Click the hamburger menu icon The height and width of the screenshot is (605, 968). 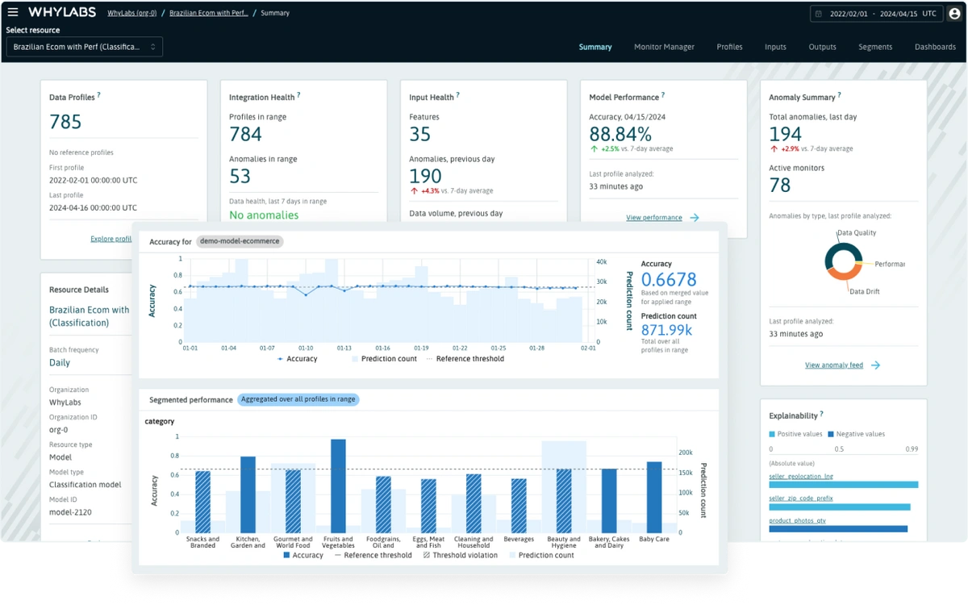[x=13, y=12]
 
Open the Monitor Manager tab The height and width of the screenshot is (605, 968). [x=664, y=47]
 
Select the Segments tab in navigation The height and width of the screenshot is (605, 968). [x=874, y=47]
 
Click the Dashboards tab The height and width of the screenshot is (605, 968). [x=935, y=47]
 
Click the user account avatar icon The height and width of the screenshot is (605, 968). [x=954, y=13]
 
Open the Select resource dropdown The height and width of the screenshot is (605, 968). [x=85, y=47]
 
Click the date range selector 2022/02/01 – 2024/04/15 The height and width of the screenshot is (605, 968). [x=874, y=14]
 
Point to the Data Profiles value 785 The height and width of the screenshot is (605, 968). [x=65, y=122]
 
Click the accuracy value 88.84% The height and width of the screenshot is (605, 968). [x=620, y=134]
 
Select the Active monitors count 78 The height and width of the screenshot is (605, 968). [x=780, y=185]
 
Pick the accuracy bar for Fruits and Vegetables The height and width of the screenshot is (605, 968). [x=338, y=486]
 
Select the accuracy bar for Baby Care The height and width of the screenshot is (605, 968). [x=654, y=497]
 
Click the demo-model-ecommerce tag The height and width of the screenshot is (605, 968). [x=240, y=241]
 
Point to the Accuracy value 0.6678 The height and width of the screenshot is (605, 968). [x=669, y=281]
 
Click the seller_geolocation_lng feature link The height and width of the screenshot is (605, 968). [x=801, y=476]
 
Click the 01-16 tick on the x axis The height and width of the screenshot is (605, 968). [x=383, y=348]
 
